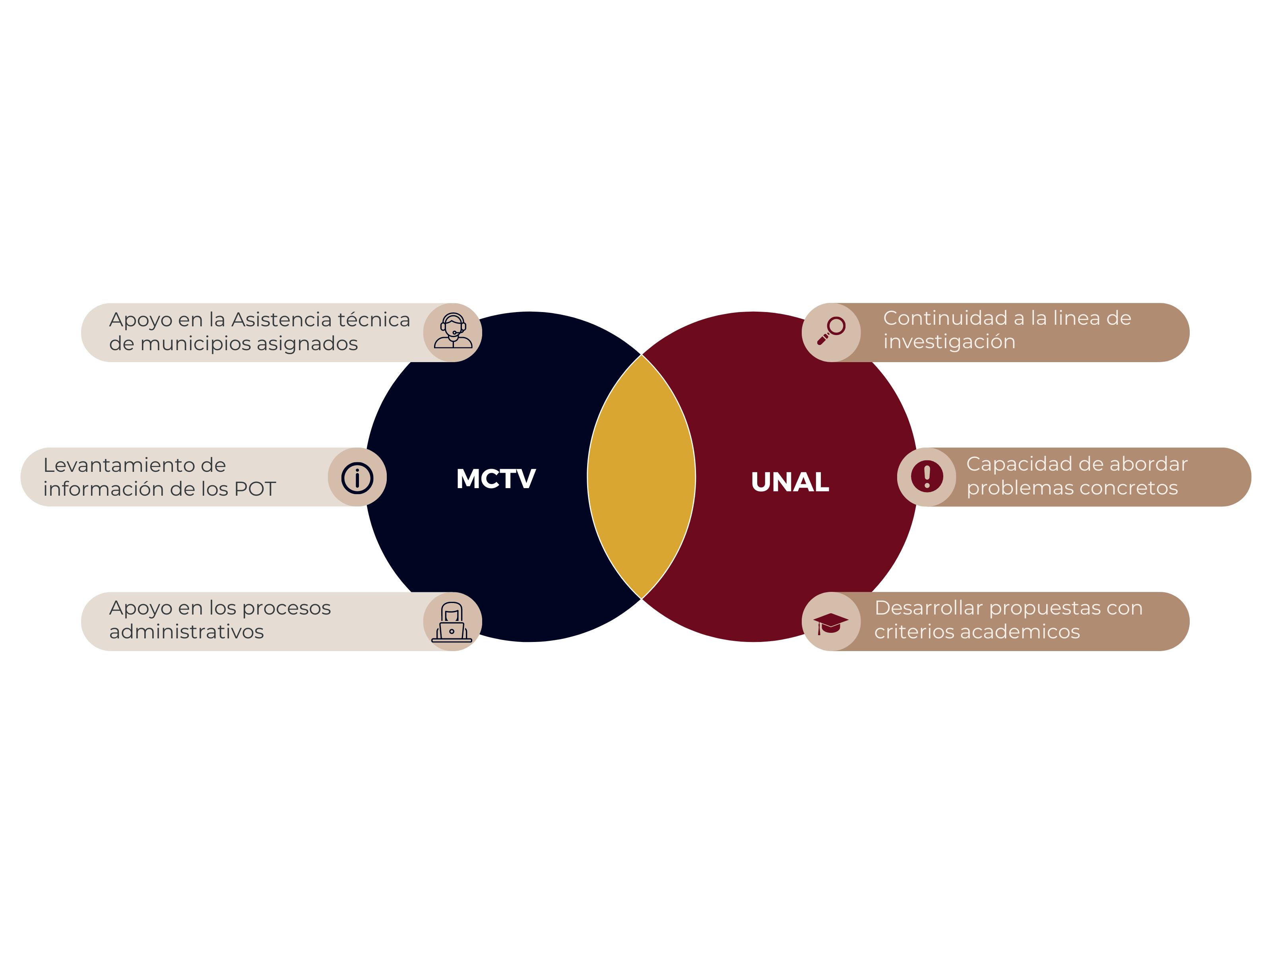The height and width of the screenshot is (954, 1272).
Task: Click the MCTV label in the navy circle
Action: click(496, 479)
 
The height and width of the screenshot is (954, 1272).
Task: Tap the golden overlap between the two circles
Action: click(641, 477)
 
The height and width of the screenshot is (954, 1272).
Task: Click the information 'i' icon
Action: click(357, 477)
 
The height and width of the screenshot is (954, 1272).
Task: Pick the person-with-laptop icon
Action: click(452, 622)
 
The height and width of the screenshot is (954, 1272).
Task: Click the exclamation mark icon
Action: click(927, 477)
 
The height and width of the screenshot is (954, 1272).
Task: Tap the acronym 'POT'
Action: click(255, 489)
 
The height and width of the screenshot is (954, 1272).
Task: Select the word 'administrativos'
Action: click(186, 631)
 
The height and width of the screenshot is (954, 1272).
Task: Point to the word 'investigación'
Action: click(949, 341)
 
